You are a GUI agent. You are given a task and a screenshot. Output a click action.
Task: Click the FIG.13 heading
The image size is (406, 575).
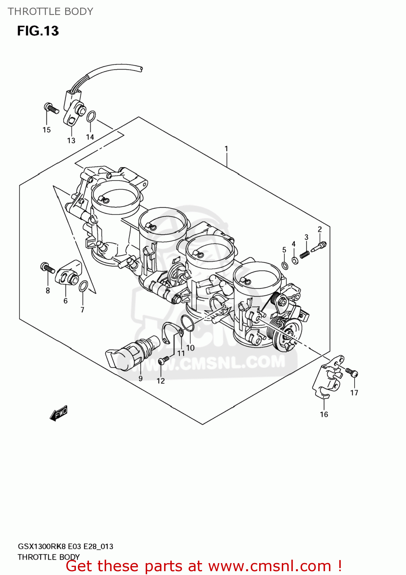point(38,31)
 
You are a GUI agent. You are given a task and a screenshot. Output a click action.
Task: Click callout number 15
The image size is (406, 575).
point(46,130)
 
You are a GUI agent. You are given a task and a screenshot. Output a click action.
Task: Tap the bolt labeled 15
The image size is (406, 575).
point(51,108)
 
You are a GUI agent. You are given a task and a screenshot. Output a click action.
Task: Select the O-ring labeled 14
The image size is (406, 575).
point(91,117)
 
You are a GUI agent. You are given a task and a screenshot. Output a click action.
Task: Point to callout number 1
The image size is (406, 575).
point(226,149)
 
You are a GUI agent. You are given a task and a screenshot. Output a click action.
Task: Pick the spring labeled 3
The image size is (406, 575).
point(305,254)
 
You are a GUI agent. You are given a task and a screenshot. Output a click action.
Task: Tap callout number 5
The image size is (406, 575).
point(284,250)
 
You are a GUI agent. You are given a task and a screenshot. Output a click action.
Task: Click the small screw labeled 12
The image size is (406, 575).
point(164,360)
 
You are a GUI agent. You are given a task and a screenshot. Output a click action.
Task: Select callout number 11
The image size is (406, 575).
point(181,353)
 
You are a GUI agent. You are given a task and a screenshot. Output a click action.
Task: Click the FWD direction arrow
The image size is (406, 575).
point(59,413)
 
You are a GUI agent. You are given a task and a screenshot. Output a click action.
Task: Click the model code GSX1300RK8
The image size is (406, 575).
point(42,546)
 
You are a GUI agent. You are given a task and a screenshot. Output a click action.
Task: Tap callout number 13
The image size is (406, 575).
point(71,141)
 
